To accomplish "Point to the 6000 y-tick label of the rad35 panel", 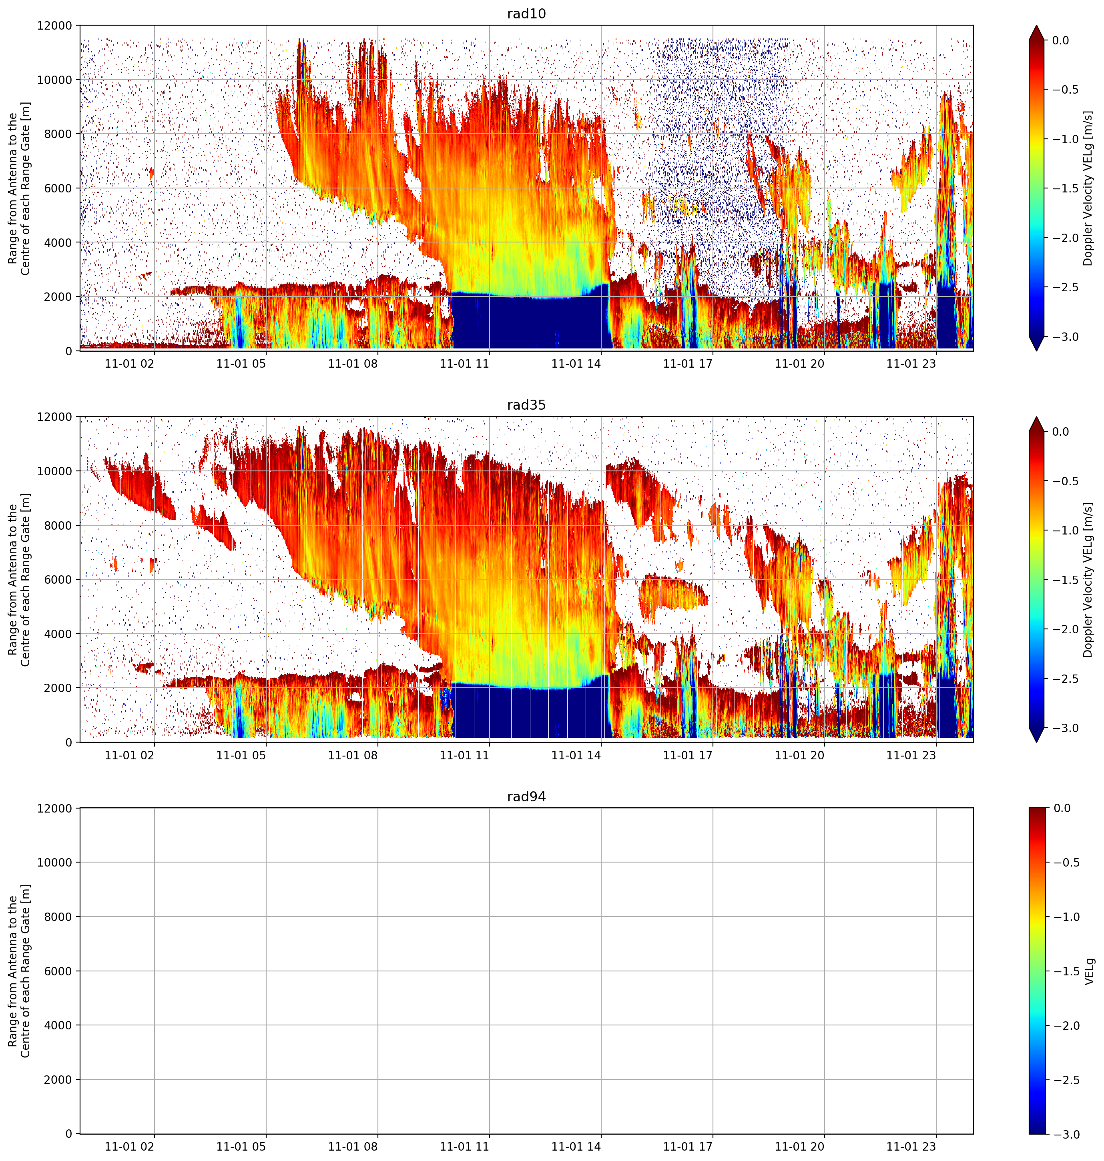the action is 58,579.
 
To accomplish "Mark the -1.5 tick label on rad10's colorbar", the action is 1066,188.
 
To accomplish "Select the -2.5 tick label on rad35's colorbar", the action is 1066,679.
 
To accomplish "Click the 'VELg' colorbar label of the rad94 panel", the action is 1089,971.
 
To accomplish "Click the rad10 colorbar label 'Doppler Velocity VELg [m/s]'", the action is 1089,188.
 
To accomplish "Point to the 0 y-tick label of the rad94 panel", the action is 69,1134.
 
